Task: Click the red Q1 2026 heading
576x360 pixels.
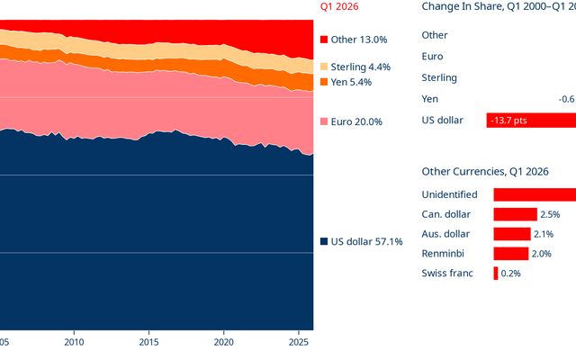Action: [x=339, y=6]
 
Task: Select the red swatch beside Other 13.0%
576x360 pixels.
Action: [x=324, y=40]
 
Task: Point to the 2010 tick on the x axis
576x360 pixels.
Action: [x=74, y=342]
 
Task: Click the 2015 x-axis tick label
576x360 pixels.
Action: [x=148, y=342]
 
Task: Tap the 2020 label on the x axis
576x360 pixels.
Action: [x=224, y=342]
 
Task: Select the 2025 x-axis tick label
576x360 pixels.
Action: [x=299, y=342]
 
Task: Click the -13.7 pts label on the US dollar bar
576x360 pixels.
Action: [x=508, y=121]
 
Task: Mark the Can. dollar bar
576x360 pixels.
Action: [x=515, y=214]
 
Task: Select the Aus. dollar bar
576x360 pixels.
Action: [x=512, y=234]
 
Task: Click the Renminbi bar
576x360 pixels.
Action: [x=510, y=254]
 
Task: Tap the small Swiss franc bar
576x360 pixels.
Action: [x=496, y=274]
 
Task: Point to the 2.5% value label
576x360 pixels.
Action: [x=550, y=214]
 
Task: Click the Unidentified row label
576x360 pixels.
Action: [x=449, y=194]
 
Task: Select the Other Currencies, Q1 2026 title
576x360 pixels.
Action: [x=485, y=172]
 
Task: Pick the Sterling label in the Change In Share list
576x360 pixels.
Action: [x=439, y=78]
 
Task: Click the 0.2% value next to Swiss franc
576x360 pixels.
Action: [x=510, y=274]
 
